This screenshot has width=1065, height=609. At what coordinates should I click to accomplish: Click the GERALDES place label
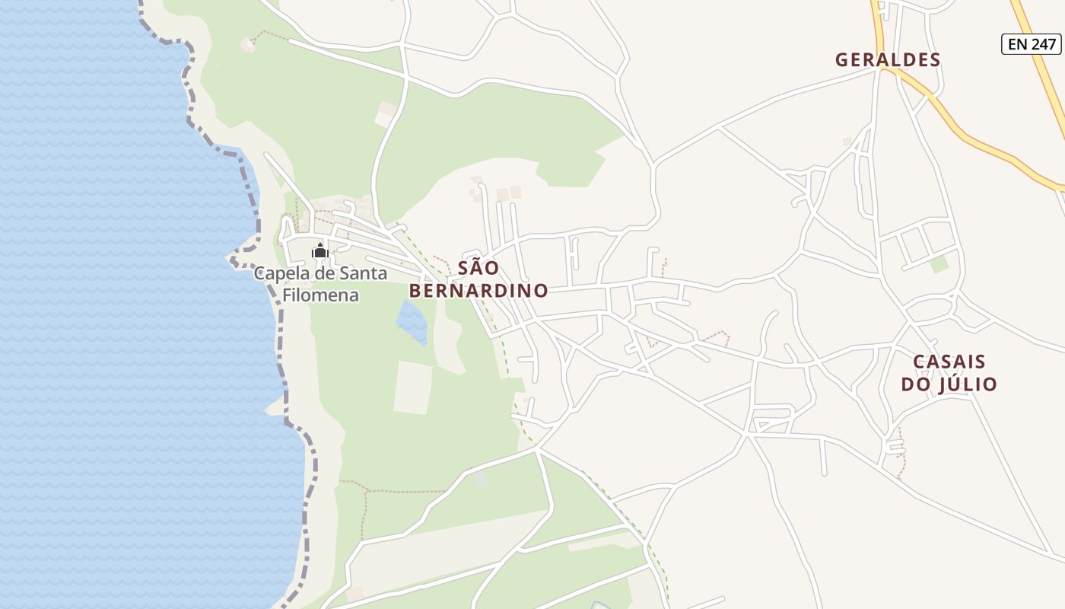888,59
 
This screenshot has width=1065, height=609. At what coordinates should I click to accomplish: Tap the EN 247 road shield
1031,44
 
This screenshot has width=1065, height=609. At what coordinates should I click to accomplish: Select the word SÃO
478,268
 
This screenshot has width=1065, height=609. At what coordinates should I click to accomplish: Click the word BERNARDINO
478,291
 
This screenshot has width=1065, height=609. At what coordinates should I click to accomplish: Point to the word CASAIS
949,362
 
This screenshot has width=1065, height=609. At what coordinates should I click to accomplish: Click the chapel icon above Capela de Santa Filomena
319,250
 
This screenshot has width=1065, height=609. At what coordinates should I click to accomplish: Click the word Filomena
320,295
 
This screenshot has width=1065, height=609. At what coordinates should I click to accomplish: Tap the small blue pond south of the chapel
412,320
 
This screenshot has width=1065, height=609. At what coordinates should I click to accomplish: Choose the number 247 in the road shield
1043,44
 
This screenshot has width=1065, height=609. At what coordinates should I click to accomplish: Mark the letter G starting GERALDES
841,59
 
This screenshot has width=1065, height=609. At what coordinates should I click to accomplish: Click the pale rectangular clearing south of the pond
412,387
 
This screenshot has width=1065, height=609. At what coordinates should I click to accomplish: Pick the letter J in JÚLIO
943,384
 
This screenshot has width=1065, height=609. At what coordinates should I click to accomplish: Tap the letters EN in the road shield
1018,44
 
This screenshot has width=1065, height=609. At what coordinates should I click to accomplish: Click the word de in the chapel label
327,273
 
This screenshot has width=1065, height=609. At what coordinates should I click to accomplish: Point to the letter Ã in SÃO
479,268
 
